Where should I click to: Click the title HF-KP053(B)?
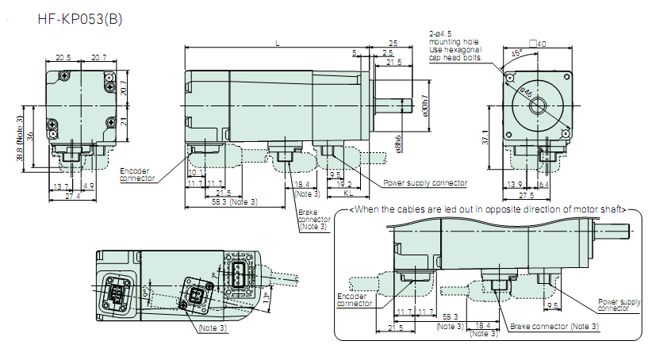point(79,17)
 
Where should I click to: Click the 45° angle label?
point(516,54)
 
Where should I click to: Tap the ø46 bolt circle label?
point(526,91)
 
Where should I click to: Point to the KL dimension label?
point(348,193)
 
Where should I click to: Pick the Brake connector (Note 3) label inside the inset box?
point(551,326)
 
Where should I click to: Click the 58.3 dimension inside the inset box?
point(449,316)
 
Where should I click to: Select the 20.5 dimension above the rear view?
point(63,57)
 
